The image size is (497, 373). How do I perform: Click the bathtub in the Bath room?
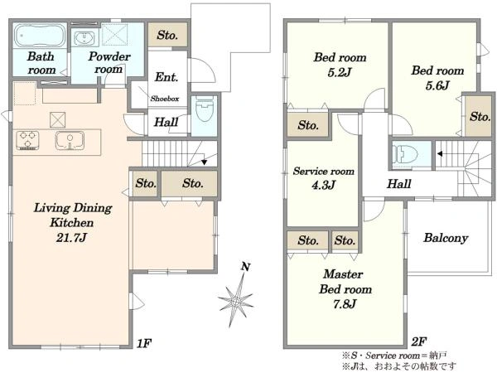click(40, 36)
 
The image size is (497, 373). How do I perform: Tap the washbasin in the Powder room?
click(84, 38)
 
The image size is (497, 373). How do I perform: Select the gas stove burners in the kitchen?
click(27, 140)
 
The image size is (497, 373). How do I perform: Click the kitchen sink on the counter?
click(70, 140)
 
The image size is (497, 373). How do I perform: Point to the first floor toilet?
click(205, 112)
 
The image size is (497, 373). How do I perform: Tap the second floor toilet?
click(405, 154)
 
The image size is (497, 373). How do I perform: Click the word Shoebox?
click(165, 99)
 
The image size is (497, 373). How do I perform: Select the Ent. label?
click(166, 77)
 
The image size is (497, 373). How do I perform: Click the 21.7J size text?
click(71, 237)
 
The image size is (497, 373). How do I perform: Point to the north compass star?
click(236, 301)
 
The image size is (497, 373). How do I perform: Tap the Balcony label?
click(446, 238)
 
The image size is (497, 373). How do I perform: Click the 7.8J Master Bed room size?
click(345, 304)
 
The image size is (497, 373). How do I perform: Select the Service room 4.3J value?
click(323, 185)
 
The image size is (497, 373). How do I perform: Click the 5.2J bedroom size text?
click(340, 73)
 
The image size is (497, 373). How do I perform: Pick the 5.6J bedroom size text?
click(437, 85)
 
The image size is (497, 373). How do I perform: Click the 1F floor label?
click(144, 343)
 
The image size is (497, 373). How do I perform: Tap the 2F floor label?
click(418, 342)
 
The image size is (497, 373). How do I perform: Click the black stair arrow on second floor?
click(440, 154)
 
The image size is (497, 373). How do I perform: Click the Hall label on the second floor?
click(399, 184)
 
